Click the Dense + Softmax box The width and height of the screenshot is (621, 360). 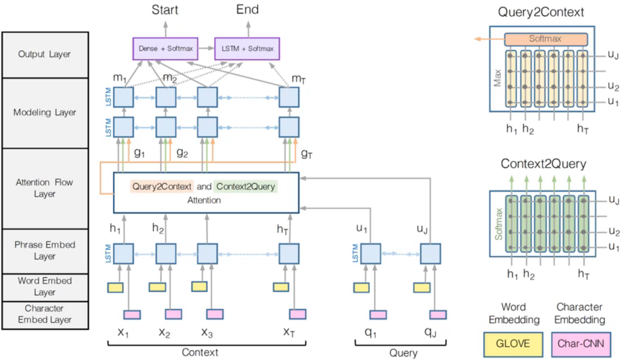(x=165, y=48)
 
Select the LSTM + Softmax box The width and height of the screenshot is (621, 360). (x=247, y=48)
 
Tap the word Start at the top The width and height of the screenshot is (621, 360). (x=165, y=9)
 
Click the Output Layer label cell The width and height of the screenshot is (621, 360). (x=45, y=54)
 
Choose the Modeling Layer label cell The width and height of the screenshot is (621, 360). (x=45, y=113)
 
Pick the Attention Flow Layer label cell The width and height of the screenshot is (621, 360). (x=45, y=188)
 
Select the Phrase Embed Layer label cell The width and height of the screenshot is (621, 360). (x=45, y=251)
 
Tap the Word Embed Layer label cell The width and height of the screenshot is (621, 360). (x=45, y=287)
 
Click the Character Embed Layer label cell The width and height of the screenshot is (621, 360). (x=45, y=314)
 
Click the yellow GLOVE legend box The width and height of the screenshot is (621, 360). (x=513, y=343)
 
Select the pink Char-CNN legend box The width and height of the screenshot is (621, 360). (x=580, y=343)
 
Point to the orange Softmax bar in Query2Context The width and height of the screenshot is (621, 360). (x=545, y=39)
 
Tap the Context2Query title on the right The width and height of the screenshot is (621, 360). (x=543, y=164)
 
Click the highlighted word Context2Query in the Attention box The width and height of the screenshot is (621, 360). (x=245, y=186)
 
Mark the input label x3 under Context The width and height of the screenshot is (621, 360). (x=207, y=333)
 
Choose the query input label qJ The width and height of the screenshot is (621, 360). (x=431, y=333)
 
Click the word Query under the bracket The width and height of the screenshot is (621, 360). (x=403, y=352)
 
